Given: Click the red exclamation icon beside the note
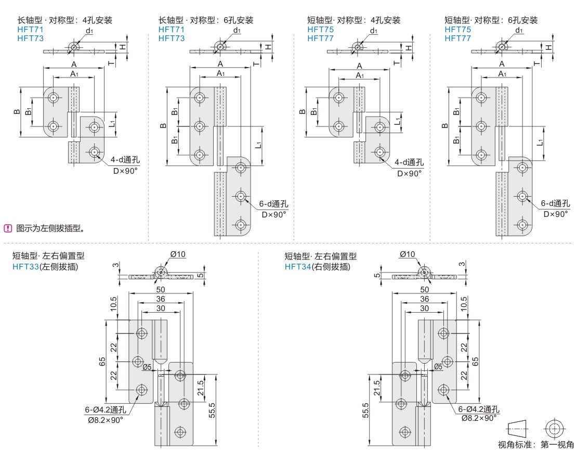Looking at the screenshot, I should (x=8, y=228).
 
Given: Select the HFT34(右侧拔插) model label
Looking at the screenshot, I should (x=317, y=267).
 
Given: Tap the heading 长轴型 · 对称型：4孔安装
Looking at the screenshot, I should (x=65, y=20).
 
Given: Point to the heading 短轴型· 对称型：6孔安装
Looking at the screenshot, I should (x=491, y=20).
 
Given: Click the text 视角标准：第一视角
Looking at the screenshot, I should (x=535, y=444).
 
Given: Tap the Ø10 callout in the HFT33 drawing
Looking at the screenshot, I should (x=178, y=254).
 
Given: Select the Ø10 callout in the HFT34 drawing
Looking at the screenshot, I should (x=408, y=254).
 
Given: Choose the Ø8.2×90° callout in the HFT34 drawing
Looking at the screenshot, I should (x=477, y=418).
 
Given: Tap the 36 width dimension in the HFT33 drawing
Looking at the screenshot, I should (x=161, y=299).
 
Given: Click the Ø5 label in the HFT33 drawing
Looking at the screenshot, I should (x=147, y=367).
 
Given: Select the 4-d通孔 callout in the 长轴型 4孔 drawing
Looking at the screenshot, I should (x=125, y=160).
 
